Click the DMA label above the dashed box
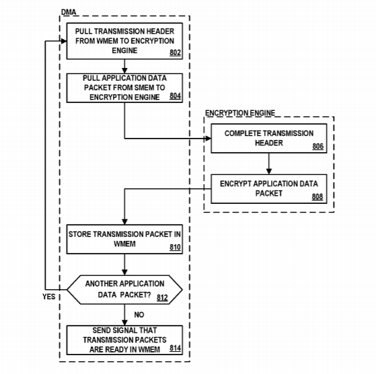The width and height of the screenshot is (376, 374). coord(69,12)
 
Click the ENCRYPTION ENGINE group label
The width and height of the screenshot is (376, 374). coord(240,113)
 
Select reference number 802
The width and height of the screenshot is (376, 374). coord(175,52)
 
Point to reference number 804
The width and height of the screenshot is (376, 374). coord(175,96)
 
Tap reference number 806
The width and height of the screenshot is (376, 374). coord(318,146)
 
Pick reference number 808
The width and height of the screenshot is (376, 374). coord(317,197)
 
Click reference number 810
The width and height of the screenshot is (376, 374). coord(175,247)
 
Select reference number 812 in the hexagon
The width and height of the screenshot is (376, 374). coord(162,297)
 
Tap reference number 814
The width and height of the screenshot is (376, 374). coord(175,348)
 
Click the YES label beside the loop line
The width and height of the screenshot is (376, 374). coord(49,297)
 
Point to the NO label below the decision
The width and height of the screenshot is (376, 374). coord(139,315)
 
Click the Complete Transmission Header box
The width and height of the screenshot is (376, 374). coord(269,139)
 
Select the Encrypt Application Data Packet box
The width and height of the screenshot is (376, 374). coord(269,189)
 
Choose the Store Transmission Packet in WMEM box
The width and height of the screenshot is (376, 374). coord(124,239)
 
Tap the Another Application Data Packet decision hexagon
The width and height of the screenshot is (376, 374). coord(124,290)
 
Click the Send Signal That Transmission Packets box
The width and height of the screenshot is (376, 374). coord(124,340)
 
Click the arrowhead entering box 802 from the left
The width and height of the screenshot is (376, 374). coord(64,41)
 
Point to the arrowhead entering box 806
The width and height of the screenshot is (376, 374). coord(208,139)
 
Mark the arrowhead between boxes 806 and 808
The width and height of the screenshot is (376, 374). coord(269,172)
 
